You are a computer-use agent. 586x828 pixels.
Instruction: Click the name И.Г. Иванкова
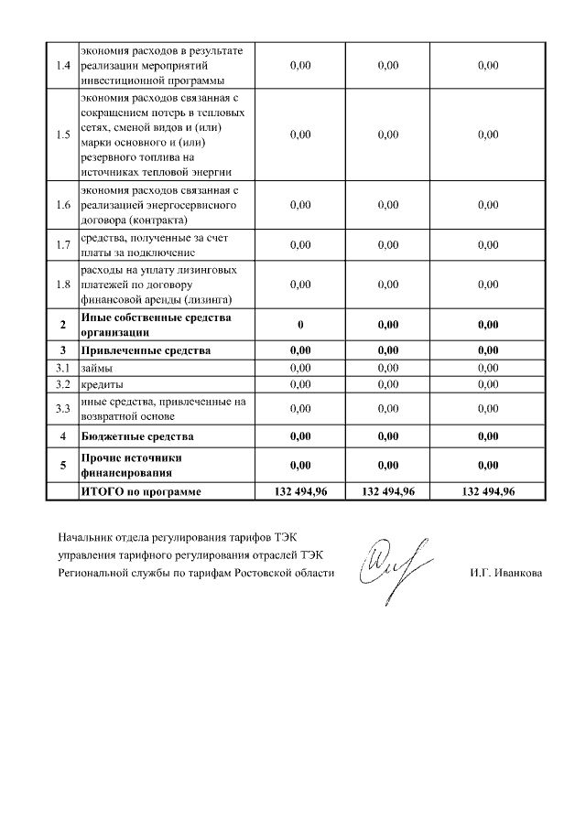click(504, 574)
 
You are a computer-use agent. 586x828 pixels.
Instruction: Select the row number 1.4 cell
click(63, 66)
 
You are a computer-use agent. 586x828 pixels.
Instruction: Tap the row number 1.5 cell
click(63, 134)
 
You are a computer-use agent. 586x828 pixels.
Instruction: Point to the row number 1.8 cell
click(63, 285)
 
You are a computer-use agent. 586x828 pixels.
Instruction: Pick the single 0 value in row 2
click(299, 325)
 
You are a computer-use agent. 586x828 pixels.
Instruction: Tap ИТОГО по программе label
click(141, 491)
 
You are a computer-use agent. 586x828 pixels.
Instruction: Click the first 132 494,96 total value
click(300, 491)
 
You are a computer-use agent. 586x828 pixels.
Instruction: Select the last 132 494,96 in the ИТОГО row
click(488, 491)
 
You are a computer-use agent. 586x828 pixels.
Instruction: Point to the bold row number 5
click(63, 465)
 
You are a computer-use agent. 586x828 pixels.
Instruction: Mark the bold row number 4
click(63, 436)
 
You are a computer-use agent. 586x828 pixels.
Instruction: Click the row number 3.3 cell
click(63, 408)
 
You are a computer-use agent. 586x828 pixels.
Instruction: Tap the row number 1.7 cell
click(63, 245)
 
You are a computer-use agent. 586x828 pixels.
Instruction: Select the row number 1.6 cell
click(63, 205)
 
